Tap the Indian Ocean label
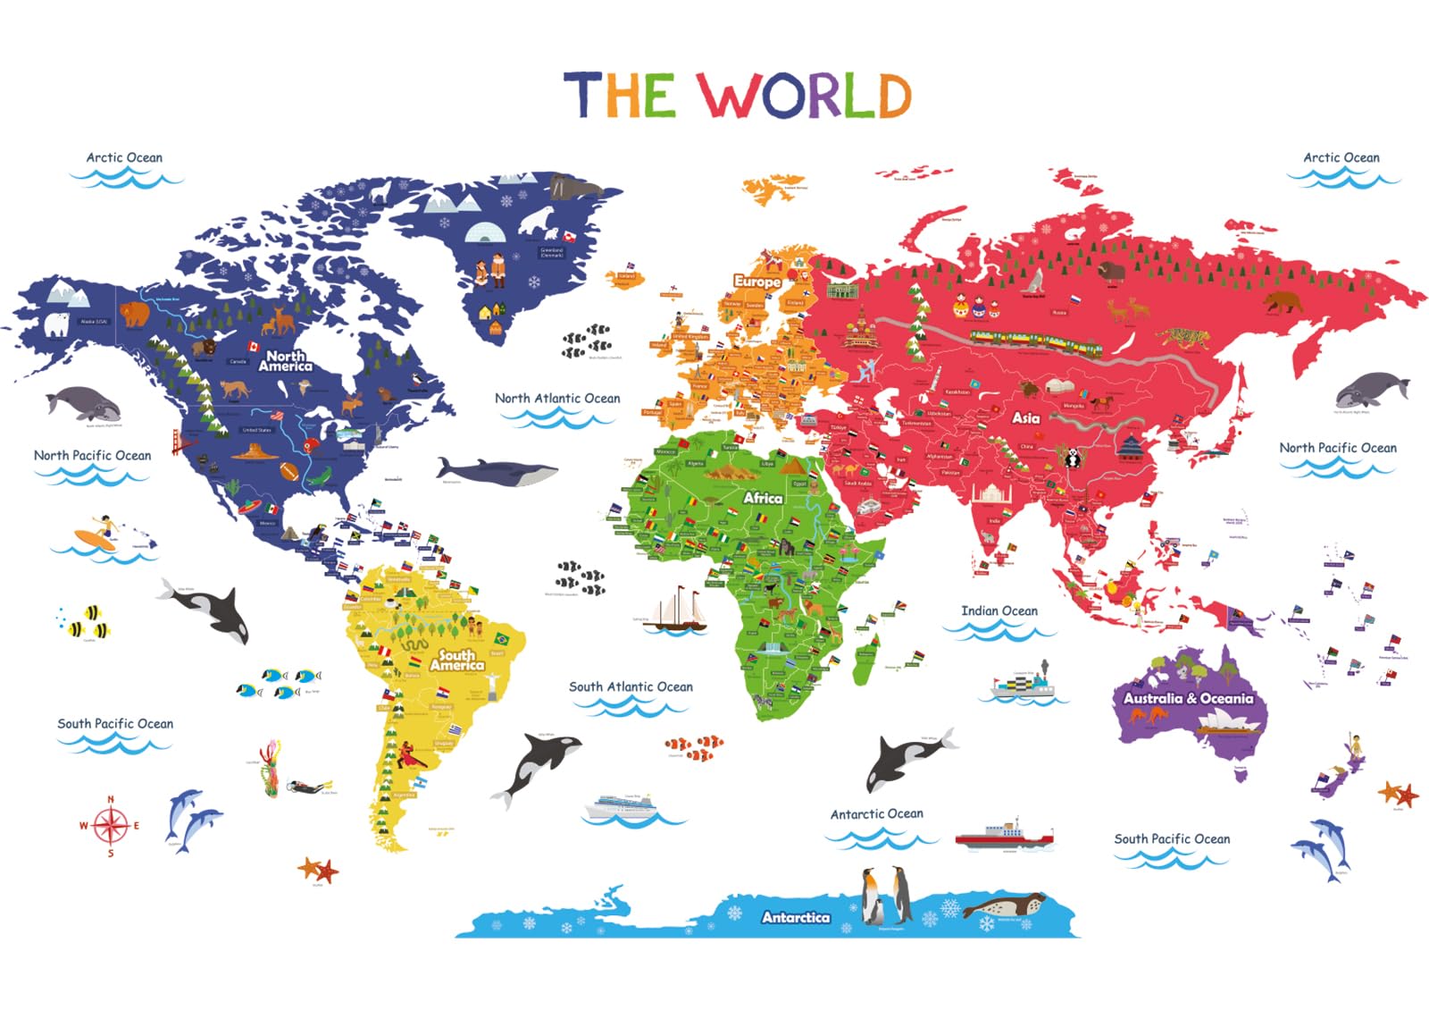pos(999,611)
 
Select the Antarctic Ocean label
pos(876,814)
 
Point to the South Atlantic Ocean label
pos(631,687)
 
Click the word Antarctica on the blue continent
pos(795,917)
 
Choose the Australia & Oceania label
pos(1188,698)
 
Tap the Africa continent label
pos(763,498)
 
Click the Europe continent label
pos(756,281)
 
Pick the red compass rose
pos(111,826)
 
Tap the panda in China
pos(1072,459)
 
